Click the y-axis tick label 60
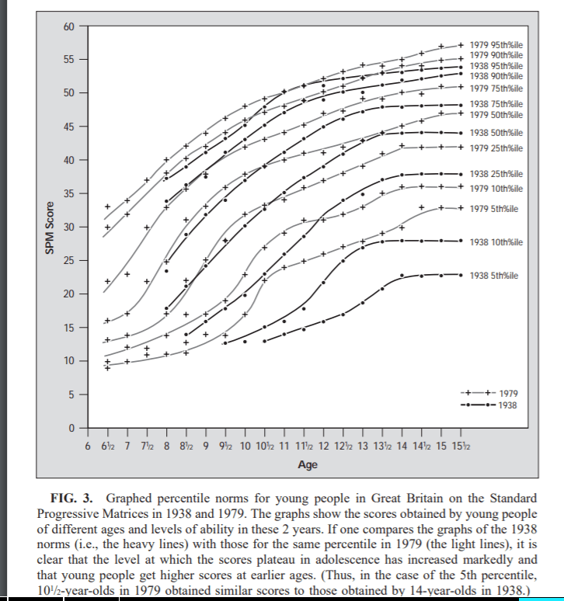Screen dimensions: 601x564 pos(68,26)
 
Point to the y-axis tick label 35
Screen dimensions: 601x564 pos(68,193)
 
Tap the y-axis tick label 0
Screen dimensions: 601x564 pos(71,428)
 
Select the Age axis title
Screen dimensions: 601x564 pos(308,464)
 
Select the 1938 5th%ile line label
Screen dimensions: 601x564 pos(494,275)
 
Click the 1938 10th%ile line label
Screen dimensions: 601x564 pos(496,241)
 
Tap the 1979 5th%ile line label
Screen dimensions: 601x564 pos(494,208)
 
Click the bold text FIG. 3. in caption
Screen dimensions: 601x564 pos(75,497)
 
